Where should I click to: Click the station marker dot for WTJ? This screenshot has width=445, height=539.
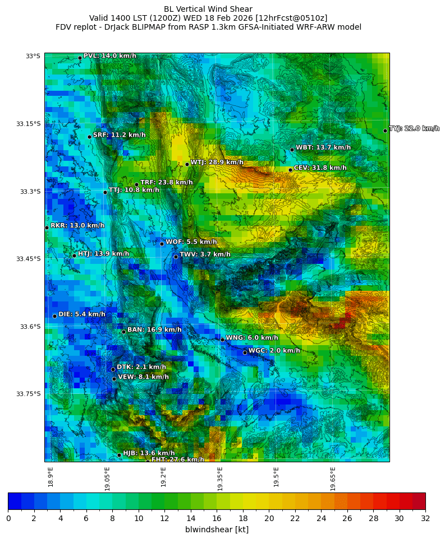187,164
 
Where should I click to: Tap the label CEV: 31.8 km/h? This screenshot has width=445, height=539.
320,168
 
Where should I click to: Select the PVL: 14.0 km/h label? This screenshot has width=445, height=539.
109,56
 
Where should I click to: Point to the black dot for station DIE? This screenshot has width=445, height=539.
54,316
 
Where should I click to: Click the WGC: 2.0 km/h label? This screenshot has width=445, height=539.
274,351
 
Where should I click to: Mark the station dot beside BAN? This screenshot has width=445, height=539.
123,332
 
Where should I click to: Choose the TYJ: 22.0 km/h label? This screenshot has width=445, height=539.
414,129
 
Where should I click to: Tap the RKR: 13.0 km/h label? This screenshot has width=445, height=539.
77,226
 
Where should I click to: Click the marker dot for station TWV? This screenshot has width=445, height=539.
176,257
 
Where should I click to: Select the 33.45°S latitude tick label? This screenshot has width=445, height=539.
30,259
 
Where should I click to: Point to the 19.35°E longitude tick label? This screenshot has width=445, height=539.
220,478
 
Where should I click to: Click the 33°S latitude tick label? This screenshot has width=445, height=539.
33,56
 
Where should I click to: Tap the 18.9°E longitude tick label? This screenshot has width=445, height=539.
51,477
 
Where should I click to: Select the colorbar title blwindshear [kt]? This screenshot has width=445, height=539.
217,529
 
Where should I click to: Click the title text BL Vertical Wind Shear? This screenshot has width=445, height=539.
208,9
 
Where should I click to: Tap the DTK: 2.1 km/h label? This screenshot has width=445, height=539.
141,367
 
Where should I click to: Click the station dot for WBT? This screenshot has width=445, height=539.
292,150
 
